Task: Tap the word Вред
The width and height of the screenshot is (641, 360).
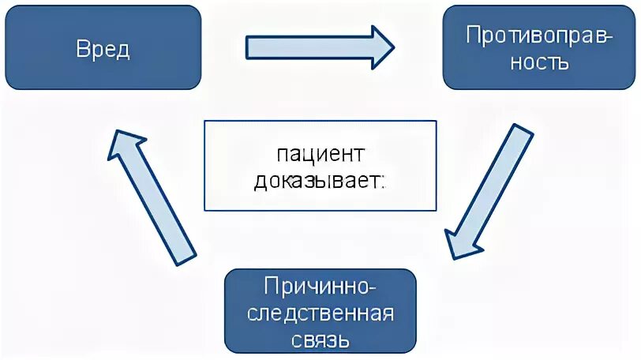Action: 103,49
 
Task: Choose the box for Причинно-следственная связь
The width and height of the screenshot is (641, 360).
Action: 320,311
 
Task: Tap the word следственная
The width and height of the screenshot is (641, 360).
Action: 320,313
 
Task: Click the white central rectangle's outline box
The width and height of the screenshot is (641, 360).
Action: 320,165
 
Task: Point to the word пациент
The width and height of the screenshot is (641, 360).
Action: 320,152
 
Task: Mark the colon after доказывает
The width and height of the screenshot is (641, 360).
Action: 384,182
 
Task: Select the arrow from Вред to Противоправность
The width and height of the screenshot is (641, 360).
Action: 316,47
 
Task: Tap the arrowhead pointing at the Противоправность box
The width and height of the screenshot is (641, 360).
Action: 382,47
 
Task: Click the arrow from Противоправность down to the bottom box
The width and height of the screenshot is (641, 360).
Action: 489,189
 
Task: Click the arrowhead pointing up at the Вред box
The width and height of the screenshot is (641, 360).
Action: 126,146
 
